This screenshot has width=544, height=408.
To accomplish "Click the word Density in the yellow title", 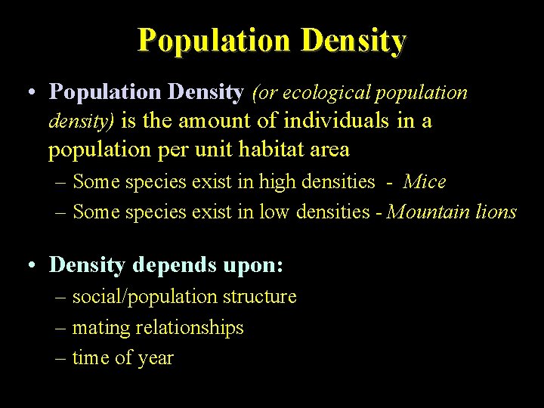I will pos(353,39).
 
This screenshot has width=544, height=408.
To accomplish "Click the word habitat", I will pos(270,150).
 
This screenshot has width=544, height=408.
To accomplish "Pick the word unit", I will pos(213,150).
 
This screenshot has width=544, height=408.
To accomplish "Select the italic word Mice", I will pos(425,181).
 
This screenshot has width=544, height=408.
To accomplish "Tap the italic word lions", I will pos(496,212).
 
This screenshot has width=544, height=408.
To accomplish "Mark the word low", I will pos(274,212).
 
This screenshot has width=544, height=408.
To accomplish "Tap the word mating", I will pos(98,329).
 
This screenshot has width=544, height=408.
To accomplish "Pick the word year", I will pos(156,359).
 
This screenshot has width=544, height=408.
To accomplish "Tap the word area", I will pos(329,150).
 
